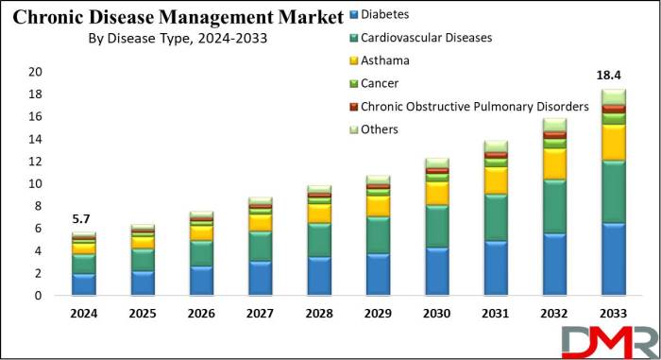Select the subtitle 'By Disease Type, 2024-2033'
click(172, 39)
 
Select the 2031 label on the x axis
click(497, 312)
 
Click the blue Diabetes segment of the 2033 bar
click(613, 259)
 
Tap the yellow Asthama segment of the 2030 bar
click(437, 193)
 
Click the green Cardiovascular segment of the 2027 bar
click(261, 246)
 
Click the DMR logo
click(609, 340)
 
